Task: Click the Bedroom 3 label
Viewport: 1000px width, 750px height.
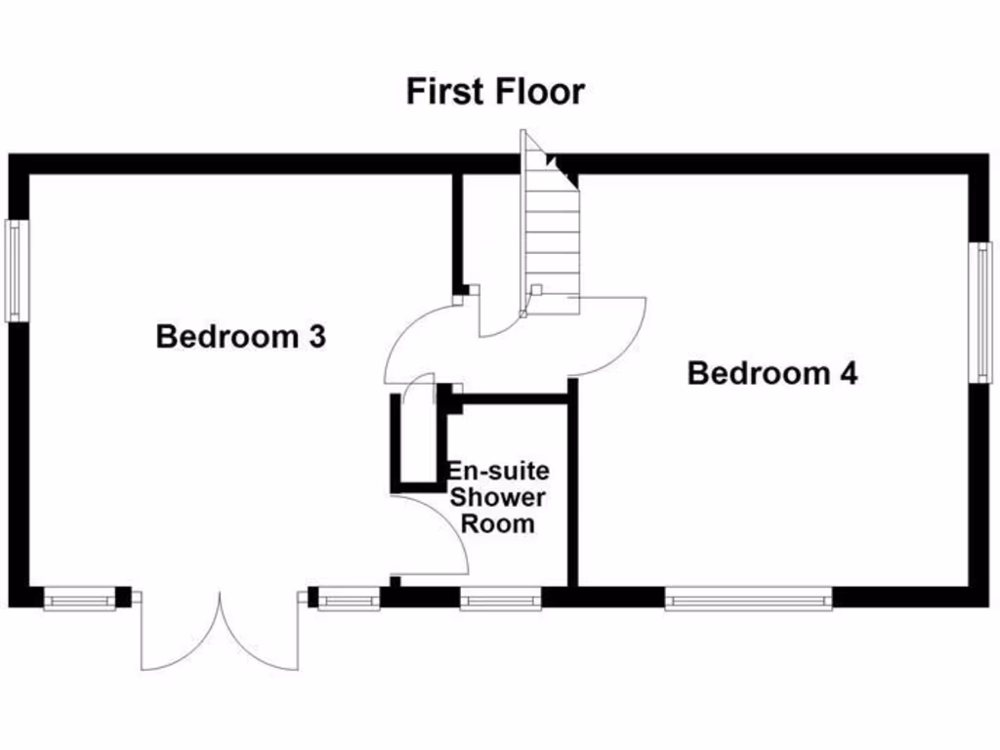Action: pyautogui.click(x=240, y=337)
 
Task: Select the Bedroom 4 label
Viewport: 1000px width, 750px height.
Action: pyautogui.click(x=772, y=373)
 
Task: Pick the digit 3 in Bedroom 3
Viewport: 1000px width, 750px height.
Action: pyautogui.click(x=315, y=337)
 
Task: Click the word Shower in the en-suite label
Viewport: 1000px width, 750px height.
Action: pyautogui.click(x=498, y=497)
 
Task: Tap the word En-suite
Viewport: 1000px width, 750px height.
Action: pyautogui.click(x=498, y=472)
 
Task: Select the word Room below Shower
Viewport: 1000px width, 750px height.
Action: pyautogui.click(x=498, y=523)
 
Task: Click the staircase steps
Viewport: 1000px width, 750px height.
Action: pyautogui.click(x=552, y=234)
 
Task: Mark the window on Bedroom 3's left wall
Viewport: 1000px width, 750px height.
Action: pyautogui.click(x=15, y=271)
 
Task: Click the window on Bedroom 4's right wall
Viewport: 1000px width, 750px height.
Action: pyautogui.click(x=980, y=312)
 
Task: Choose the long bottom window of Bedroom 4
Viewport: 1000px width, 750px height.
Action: pyautogui.click(x=748, y=598)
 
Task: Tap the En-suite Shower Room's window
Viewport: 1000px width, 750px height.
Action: pyautogui.click(x=500, y=598)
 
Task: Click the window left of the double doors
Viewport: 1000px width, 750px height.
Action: pyautogui.click(x=79, y=598)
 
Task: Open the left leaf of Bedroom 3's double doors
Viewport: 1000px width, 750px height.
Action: pyautogui.click(x=181, y=635)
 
